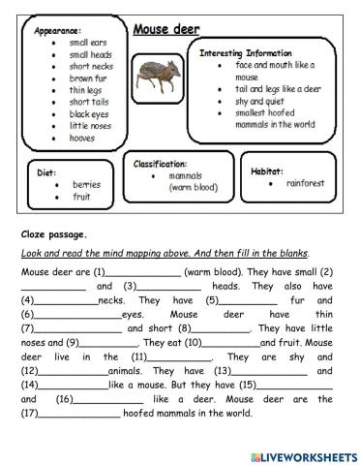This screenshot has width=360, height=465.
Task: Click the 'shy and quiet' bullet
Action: pos(257,100)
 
